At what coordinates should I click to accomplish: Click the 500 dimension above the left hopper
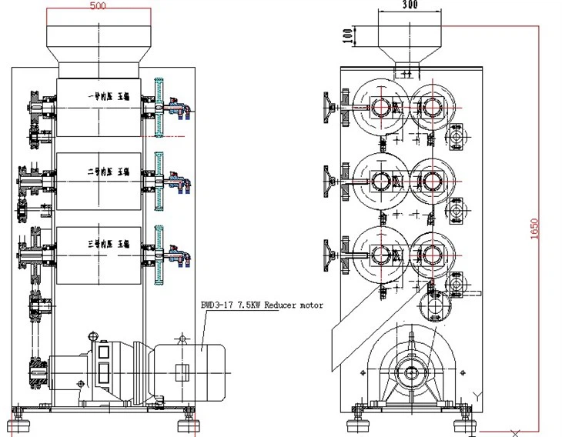point(99,6)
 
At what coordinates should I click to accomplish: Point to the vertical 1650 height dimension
point(536,227)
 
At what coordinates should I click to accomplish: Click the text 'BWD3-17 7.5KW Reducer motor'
point(262,305)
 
